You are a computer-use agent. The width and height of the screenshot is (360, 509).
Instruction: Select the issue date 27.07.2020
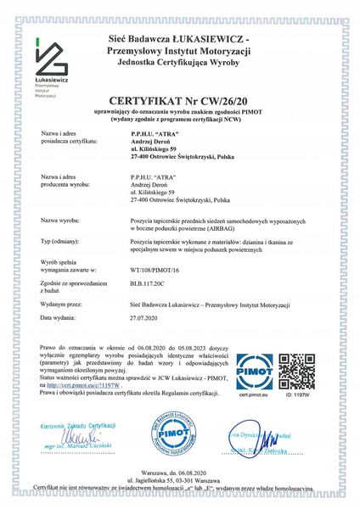(143, 316)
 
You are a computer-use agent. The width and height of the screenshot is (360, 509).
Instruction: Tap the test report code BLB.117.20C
(147, 288)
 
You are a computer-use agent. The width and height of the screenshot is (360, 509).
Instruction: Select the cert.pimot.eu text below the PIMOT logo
(254, 394)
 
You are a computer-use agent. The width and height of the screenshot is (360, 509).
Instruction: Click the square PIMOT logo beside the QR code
(254, 371)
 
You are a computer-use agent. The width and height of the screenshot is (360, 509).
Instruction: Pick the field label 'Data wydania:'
(59, 316)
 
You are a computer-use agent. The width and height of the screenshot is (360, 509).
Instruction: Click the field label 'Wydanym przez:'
(60, 302)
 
